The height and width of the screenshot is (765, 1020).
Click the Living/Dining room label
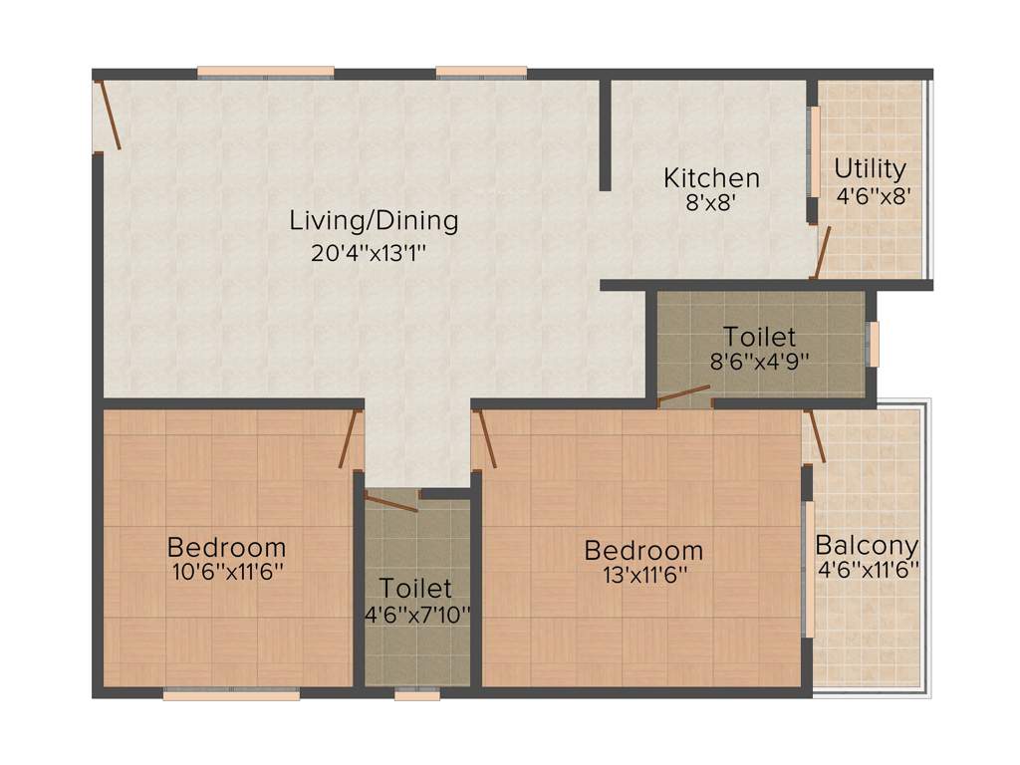(374, 220)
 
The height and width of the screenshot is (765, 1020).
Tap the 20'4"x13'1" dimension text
(376, 253)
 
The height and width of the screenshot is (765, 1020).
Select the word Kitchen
(711, 178)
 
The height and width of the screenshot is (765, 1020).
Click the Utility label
(871, 168)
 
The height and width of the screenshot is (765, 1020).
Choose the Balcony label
(867, 546)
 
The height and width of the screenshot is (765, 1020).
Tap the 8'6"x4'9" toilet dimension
(759, 361)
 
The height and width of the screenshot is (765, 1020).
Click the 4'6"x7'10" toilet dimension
(416, 614)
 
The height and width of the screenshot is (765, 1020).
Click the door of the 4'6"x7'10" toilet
(391, 501)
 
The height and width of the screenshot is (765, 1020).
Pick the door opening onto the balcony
(817, 435)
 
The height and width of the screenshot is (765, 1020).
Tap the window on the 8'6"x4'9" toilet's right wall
(874, 344)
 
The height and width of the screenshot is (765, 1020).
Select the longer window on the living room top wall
(265, 72)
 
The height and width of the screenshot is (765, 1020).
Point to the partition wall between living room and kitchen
(605, 133)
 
